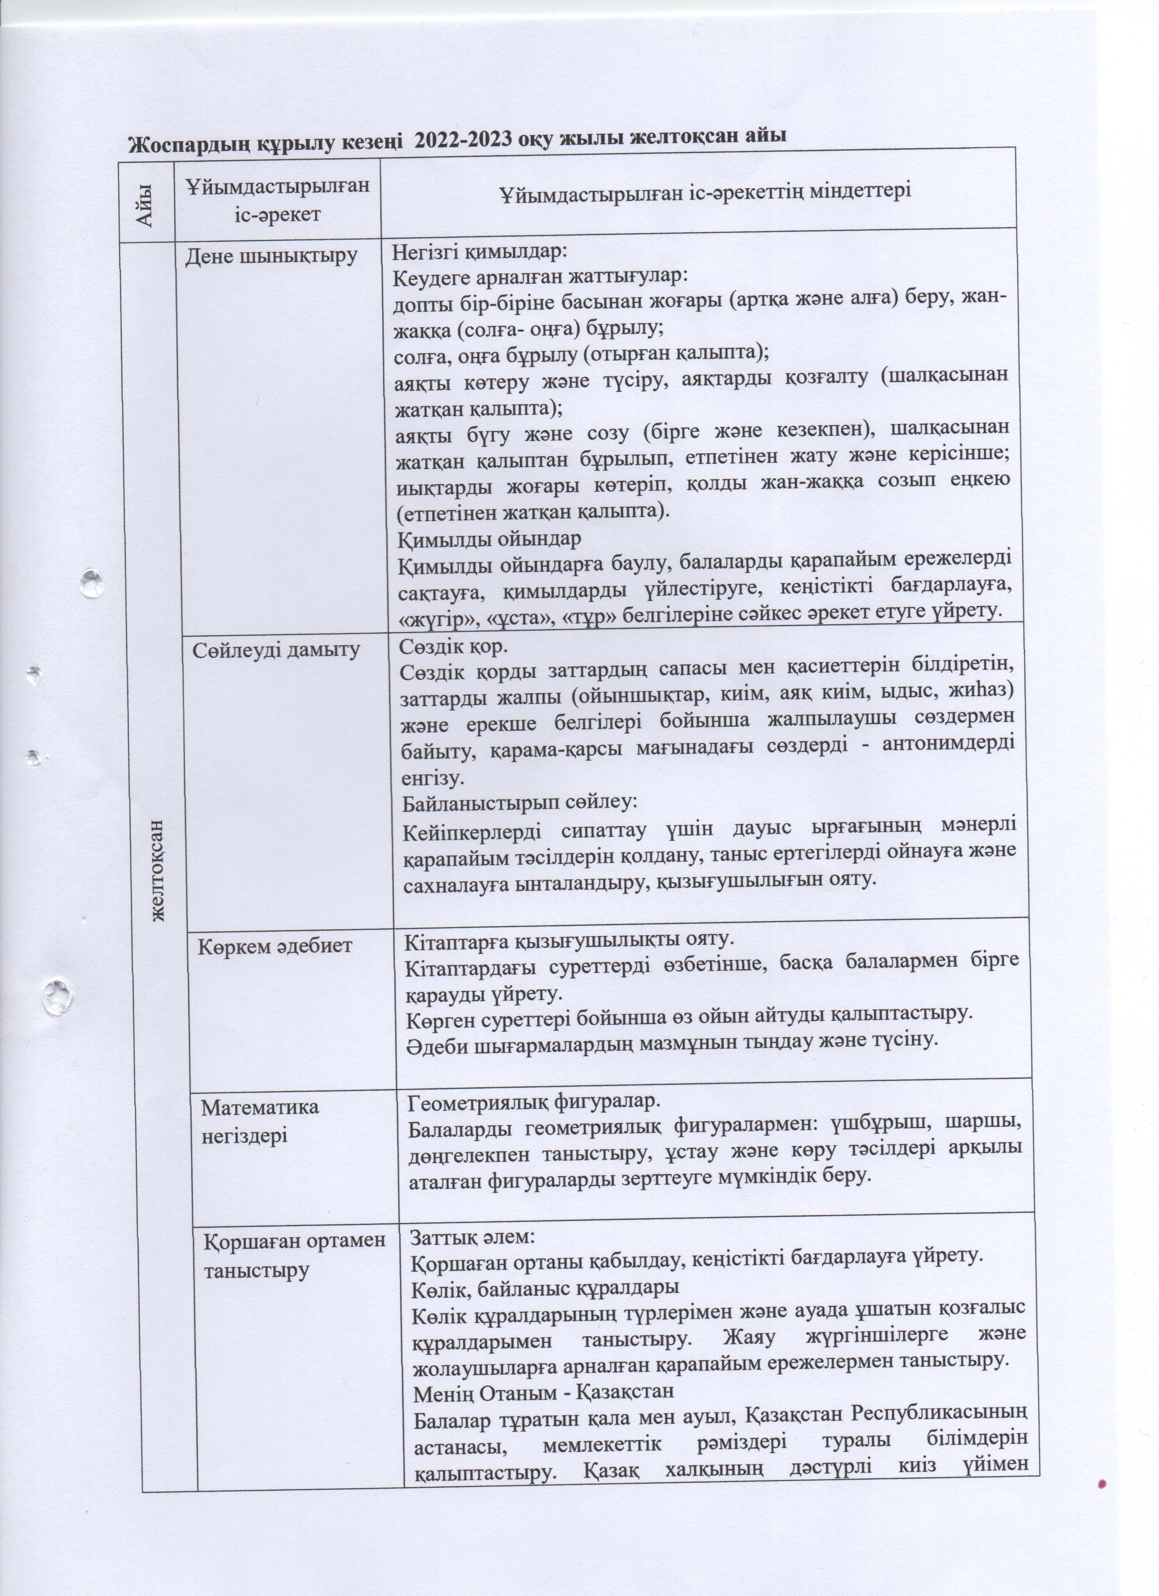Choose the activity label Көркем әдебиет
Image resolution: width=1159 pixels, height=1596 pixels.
pyautogui.click(x=274, y=947)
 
